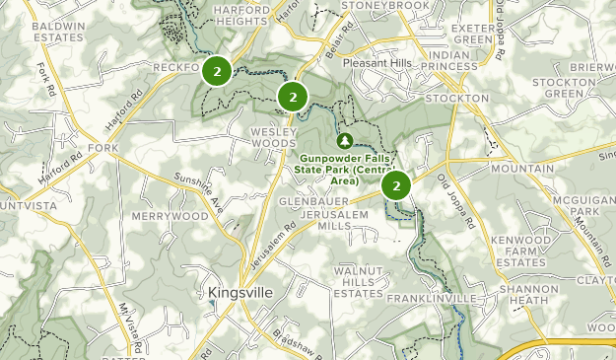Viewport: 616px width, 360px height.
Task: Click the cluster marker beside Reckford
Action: (x=217, y=71)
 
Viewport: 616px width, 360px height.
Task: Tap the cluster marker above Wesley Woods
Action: (x=292, y=97)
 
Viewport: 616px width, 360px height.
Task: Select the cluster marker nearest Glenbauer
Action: (x=396, y=185)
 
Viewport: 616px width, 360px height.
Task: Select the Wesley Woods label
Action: (x=273, y=137)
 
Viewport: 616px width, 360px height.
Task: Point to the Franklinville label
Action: (x=432, y=298)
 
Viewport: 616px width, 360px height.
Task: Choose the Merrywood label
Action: (x=169, y=216)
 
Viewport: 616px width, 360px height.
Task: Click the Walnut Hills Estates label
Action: (x=358, y=281)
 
